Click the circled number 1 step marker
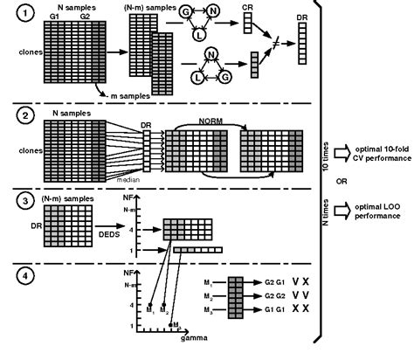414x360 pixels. pos(28,15)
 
